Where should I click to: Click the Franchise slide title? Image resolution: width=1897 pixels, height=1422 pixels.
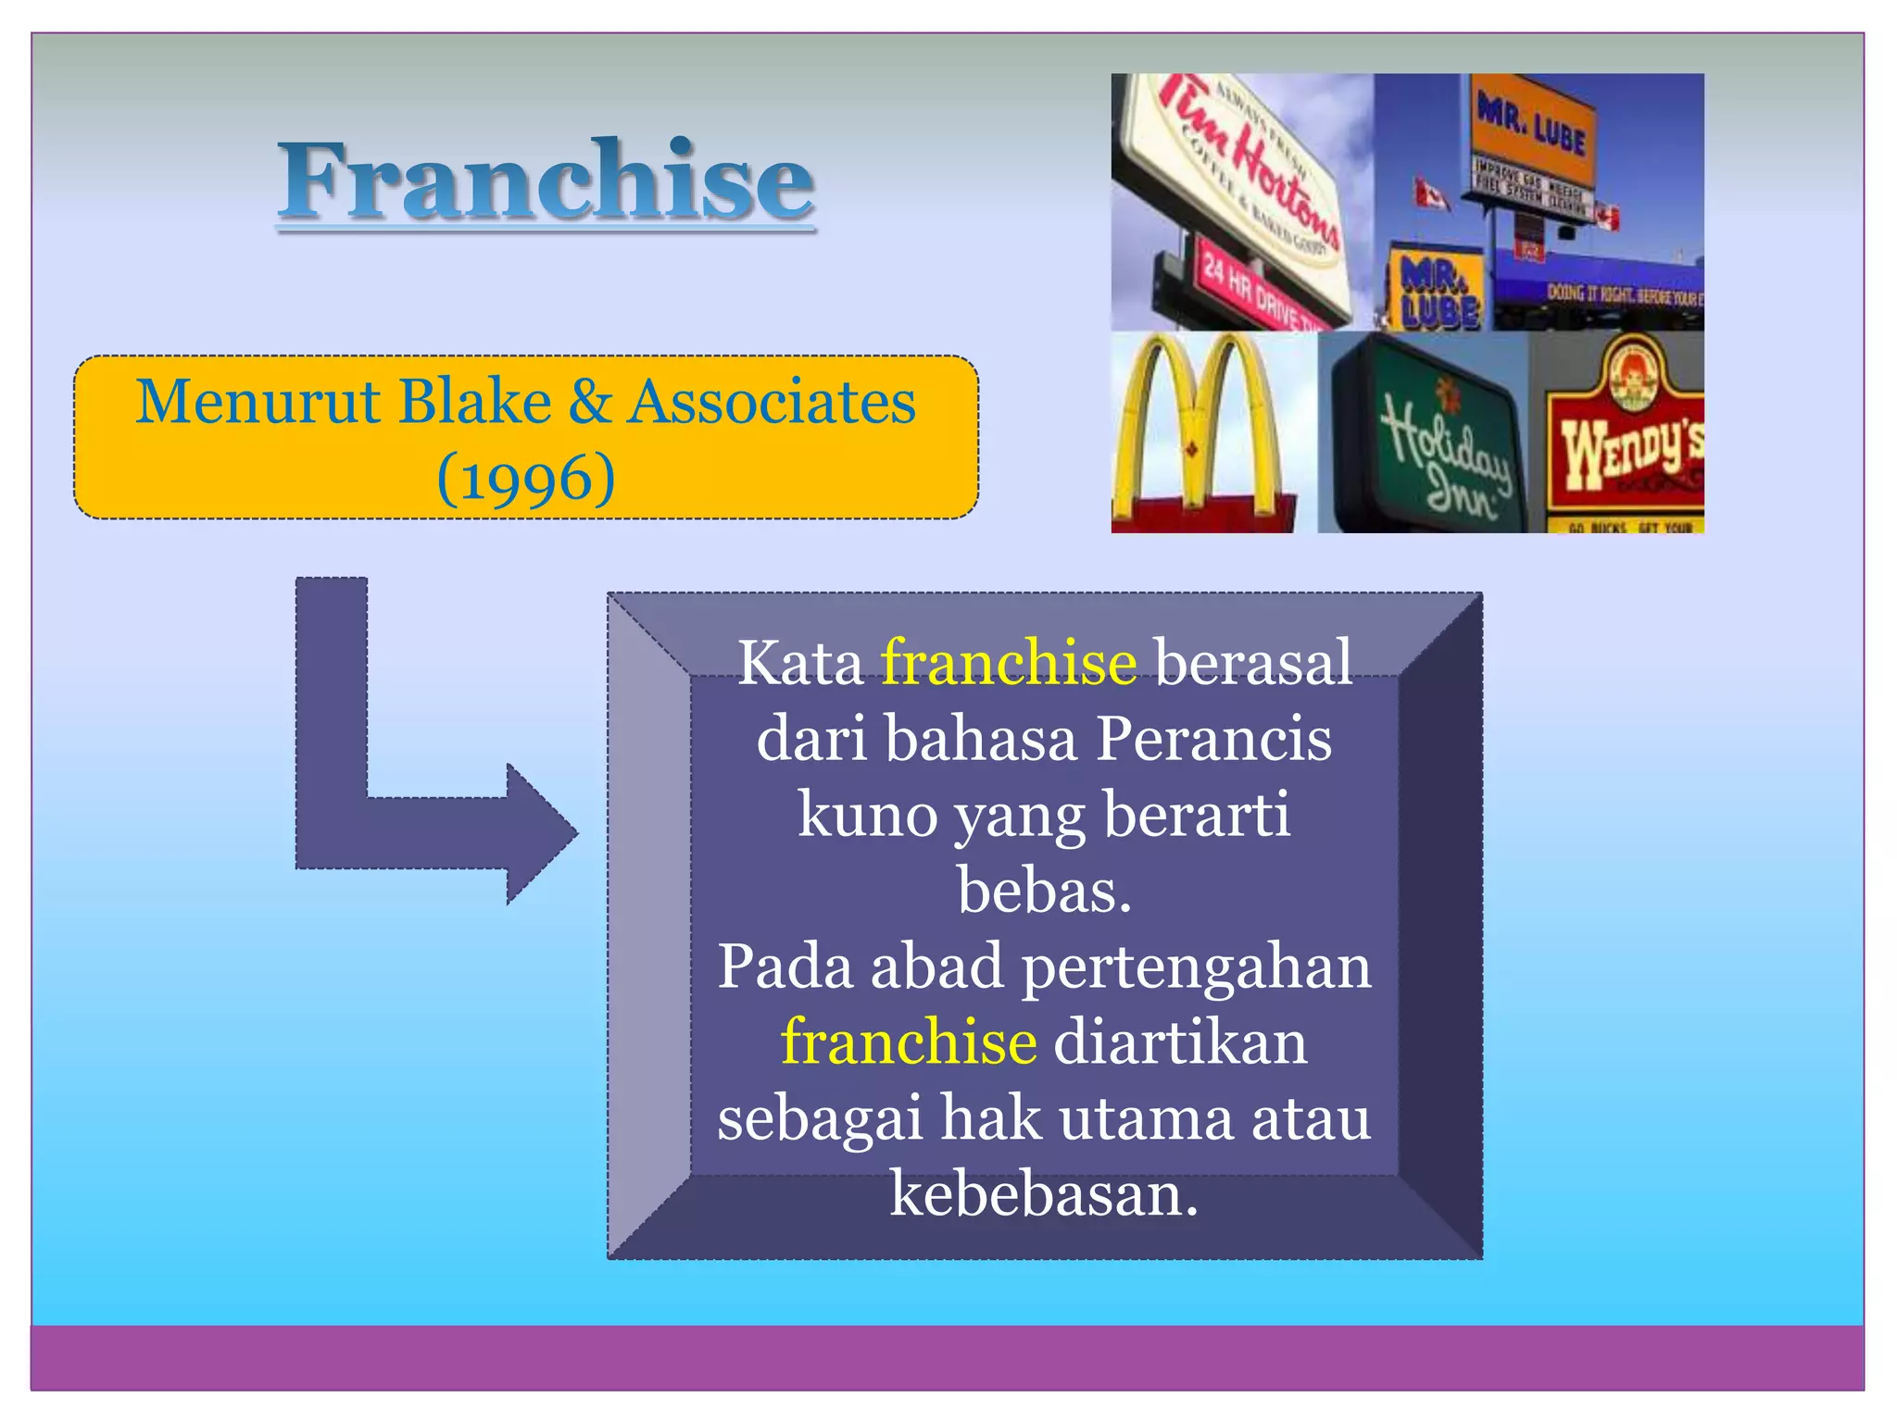[x=546, y=181]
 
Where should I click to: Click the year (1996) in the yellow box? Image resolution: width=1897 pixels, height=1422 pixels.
[x=525, y=479]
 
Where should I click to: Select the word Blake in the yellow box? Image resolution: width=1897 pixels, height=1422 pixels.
[x=474, y=403]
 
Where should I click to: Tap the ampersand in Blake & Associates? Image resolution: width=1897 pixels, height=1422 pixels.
[x=590, y=403]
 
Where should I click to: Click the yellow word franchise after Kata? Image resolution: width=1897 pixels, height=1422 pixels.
[x=1008, y=663]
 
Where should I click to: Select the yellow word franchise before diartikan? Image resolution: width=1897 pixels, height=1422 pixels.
[x=908, y=1042]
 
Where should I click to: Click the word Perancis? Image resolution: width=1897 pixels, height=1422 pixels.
[x=1213, y=740]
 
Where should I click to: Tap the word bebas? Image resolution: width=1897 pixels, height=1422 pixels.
[x=1044, y=892]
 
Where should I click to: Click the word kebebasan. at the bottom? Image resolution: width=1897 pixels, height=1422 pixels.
[x=1044, y=1194]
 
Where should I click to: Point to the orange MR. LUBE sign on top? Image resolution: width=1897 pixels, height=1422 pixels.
[x=1533, y=130]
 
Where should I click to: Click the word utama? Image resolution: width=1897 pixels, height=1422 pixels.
[x=1146, y=1118]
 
